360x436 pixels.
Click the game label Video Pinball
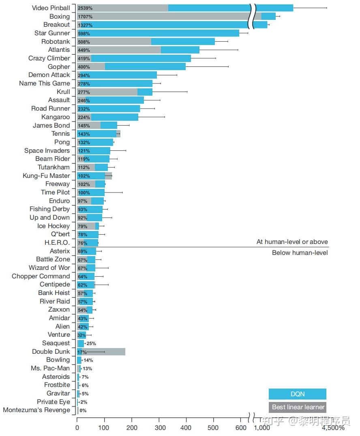[x=51, y=8]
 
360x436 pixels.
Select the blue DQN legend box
[x=297, y=394]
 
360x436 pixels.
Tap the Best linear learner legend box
[x=297, y=407]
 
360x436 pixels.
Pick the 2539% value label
[x=85, y=8]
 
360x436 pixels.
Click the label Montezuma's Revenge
[x=36, y=410]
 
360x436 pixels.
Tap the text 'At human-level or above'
[x=292, y=242]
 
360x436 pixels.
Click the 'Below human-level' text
[x=300, y=253]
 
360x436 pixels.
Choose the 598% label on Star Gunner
[x=84, y=33]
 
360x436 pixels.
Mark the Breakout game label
[x=56, y=25]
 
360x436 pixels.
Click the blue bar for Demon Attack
[x=122, y=75]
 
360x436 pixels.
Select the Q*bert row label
[x=60, y=234]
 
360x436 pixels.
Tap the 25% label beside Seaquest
[x=91, y=343]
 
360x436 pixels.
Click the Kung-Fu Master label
[x=46, y=175]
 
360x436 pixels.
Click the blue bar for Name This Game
[x=122, y=83]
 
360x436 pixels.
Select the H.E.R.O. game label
[x=57, y=242]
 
